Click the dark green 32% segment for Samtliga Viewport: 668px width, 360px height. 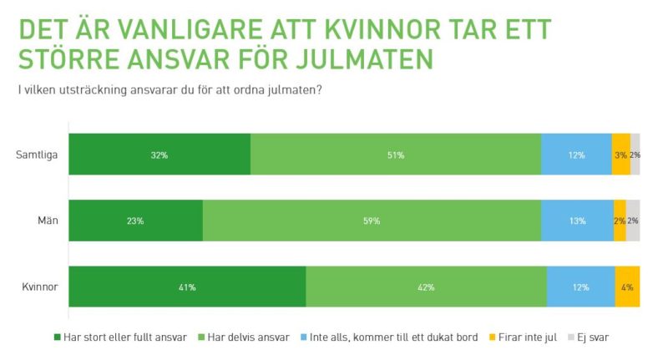159,155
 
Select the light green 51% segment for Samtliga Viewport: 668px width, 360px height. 396,155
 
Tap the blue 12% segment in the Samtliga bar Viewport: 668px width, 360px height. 576,155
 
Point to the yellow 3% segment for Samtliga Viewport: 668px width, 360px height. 620,155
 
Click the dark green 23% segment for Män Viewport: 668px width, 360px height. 135,221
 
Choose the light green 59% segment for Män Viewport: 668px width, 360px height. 372,221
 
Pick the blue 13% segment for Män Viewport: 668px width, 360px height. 577,221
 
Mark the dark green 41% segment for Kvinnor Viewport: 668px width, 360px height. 187,287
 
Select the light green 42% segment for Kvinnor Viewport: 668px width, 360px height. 426,287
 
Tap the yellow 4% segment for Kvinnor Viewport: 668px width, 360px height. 627,287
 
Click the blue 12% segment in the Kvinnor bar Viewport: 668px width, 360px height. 580,287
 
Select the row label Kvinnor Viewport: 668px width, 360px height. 39,287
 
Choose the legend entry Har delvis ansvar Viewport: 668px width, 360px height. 250,337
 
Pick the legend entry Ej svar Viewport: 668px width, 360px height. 595,337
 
